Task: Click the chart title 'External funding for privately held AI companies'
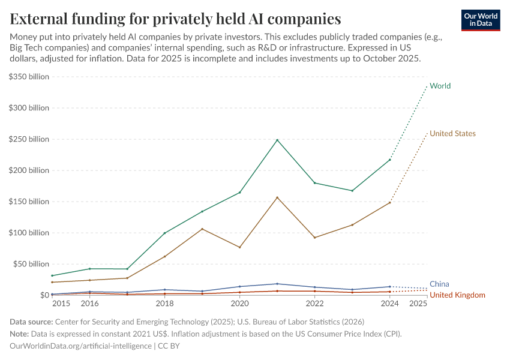point(175,18)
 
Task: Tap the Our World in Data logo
point(480,20)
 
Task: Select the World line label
point(440,86)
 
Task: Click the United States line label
point(452,134)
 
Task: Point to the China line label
point(439,284)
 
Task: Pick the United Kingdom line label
point(457,295)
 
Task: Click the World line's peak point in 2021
point(277,140)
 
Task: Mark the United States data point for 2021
point(277,197)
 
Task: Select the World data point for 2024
point(389,160)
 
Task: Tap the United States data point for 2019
point(202,229)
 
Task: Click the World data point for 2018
point(164,233)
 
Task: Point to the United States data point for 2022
point(314,238)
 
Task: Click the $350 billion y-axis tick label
point(29,77)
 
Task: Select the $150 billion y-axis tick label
point(29,202)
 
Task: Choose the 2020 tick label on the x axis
point(239,304)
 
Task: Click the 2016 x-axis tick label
point(89,304)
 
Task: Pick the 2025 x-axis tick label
point(418,304)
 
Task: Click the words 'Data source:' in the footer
point(31,322)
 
